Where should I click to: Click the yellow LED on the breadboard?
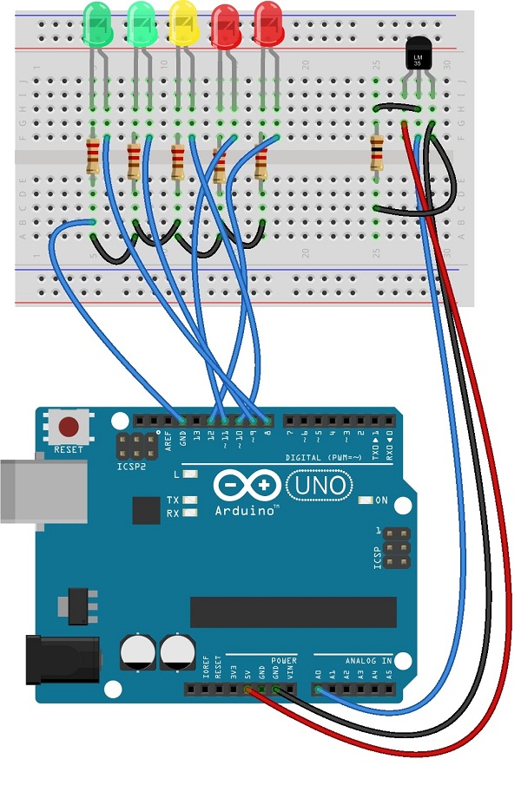[182, 23]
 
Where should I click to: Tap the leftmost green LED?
[97, 23]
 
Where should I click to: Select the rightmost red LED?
[267, 23]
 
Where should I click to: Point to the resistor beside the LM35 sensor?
[376, 152]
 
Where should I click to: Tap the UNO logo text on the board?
[320, 483]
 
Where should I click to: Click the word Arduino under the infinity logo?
[246, 511]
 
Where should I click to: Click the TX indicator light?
[188, 501]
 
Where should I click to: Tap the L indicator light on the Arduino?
[190, 474]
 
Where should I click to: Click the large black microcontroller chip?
[293, 611]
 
